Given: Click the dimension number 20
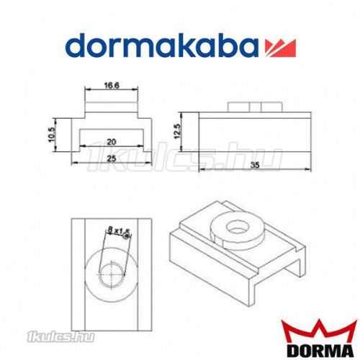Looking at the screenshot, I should [x=109, y=141].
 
